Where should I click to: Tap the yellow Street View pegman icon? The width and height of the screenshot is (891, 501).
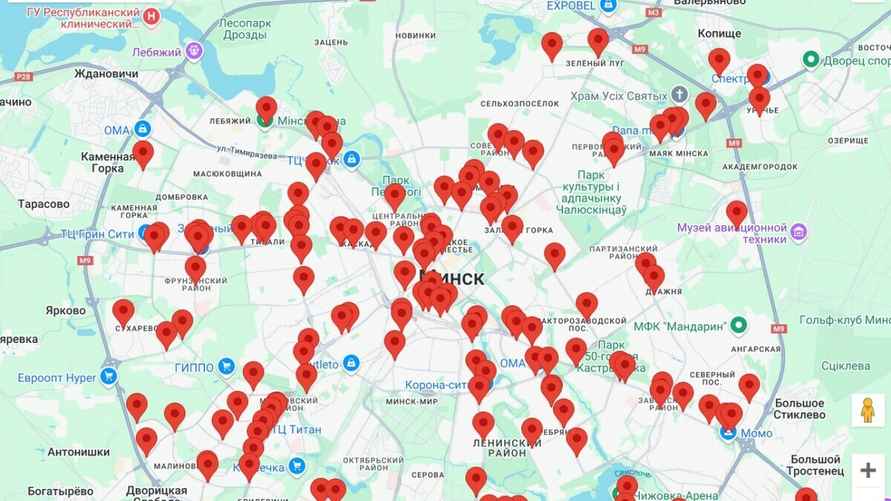(867, 410)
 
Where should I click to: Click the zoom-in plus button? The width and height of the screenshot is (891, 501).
(867, 471)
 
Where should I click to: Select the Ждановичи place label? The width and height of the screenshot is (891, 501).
(106, 73)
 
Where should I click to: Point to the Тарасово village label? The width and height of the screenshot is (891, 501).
(43, 204)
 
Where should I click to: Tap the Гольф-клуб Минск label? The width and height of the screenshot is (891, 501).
(839, 325)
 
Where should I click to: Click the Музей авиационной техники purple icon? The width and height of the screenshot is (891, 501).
(798, 233)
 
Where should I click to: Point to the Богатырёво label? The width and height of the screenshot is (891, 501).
(46, 491)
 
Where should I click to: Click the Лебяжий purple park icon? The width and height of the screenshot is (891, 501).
(193, 51)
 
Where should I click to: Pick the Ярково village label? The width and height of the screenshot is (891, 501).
(66, 310)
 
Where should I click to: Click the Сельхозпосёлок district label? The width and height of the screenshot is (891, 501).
(519, 103)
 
